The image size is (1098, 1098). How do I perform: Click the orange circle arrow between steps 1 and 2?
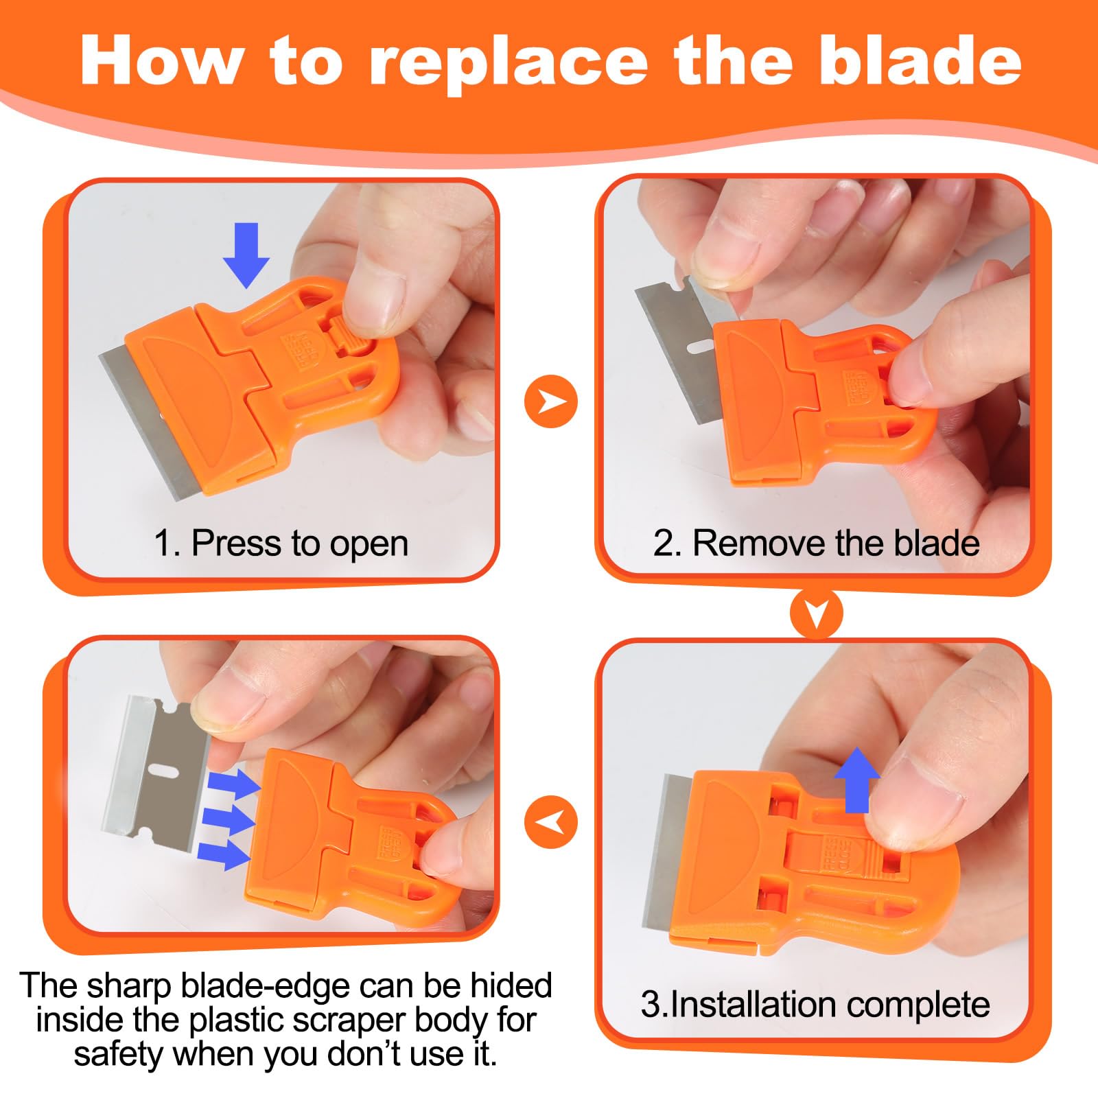[x=550, y=401]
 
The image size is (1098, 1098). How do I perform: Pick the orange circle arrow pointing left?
[x=550, y=822]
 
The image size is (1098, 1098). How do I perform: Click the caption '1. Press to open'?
[x=281, y=544]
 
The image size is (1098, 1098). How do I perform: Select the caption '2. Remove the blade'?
[x=816, y=544]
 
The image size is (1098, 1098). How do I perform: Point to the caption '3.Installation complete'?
[x=815, y=1005]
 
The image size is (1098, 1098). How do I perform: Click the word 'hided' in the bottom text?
[x=511, y=985]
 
